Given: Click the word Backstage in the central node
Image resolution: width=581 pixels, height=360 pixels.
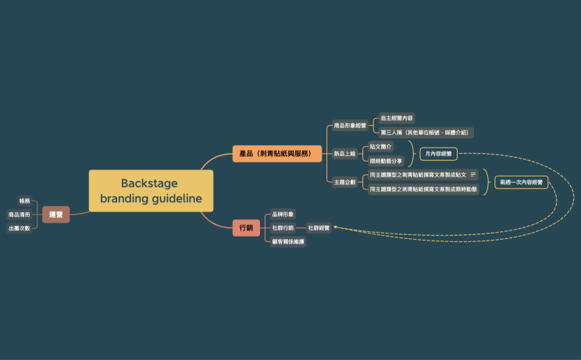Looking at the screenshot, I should click(x=149, y=184).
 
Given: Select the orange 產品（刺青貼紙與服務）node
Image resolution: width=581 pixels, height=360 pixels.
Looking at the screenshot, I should click(x=277, y=154).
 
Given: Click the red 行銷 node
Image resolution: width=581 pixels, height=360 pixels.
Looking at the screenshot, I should click(x=246, y=227).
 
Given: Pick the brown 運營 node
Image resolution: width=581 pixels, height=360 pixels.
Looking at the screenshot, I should click(x=55, y=214).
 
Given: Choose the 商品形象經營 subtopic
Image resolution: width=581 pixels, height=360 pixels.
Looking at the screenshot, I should click(x=349, y=125).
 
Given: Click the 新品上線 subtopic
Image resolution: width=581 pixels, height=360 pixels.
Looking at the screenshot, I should click(x=344, y=153).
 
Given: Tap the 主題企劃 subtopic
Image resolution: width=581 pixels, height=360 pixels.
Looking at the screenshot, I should click(x=344, y=182).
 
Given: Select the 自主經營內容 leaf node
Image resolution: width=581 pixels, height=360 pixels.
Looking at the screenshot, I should click(x=397, y=118).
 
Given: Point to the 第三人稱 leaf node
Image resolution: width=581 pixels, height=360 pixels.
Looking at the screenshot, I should click(x=426, y=133).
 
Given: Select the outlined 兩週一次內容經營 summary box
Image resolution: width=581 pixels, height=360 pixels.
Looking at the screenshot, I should click(x=522, y=182).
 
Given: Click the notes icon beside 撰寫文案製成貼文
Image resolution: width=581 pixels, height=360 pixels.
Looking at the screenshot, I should click(x=473, y=174).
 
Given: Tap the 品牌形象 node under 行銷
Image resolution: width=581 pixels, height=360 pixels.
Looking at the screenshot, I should click(x=283, y=213).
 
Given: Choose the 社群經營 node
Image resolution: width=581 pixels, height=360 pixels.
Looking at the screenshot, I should click(x=319, y=227).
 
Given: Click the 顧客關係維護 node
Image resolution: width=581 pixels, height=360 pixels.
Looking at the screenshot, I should click(x=288, y=242).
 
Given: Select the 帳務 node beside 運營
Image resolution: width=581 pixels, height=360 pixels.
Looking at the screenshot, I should click(x=24, y=201).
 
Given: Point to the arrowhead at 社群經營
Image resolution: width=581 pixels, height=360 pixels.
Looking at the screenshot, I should click(x=335, y=228).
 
